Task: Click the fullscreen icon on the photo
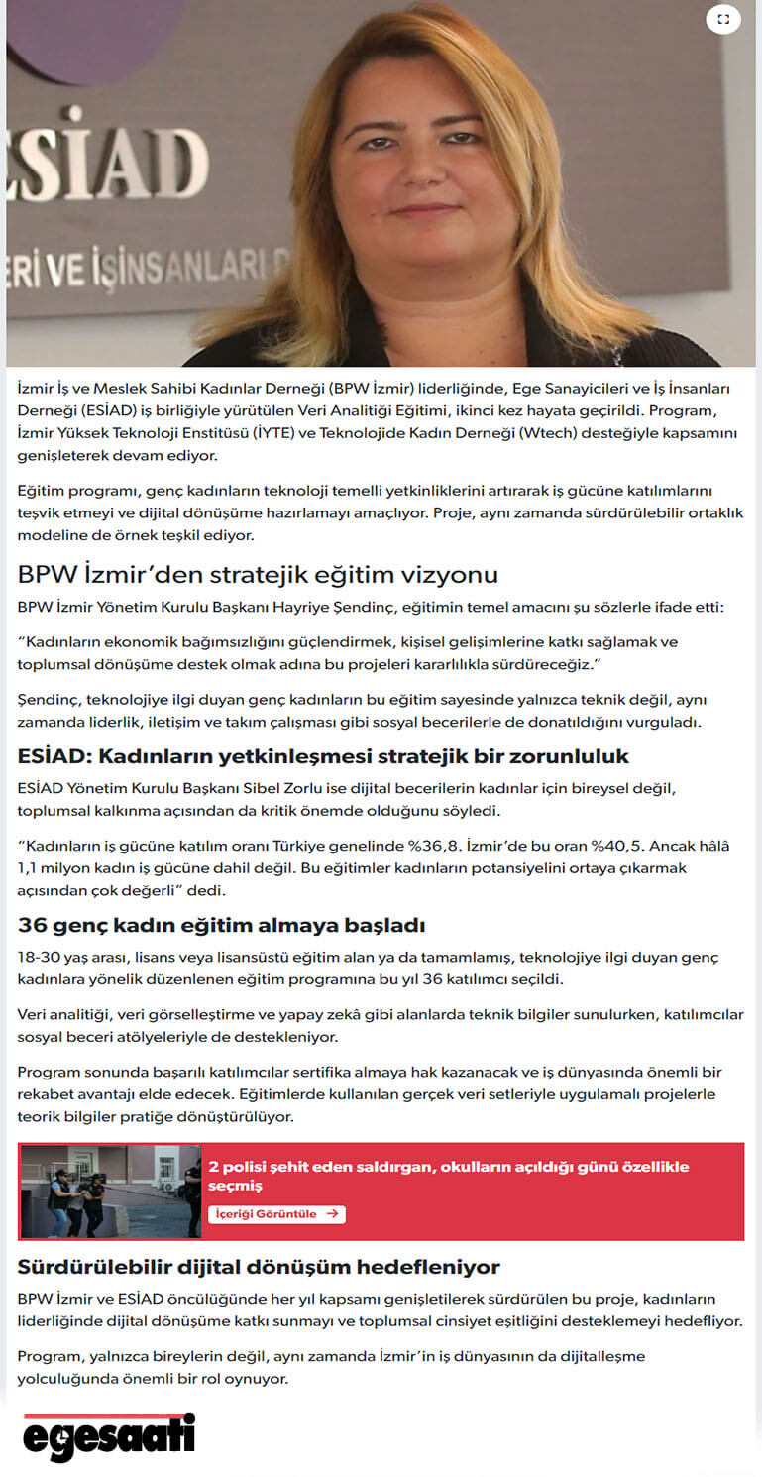pyautogui.click(x=723, y=19)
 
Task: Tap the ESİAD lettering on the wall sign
pyautogui.click(x=109, y=156)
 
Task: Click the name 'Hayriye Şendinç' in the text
pyautogui.click(x=383, y=606)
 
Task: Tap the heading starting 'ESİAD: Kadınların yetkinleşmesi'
pyautogui.click(x=323, y=757)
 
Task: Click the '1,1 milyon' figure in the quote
pyautogui.click(x=55, y=867)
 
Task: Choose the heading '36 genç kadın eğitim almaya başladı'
pyautogui.click(x=221, y=926)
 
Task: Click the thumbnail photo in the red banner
pyautogui.click(x=110, y=1191)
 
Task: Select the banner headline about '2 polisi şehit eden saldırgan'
pyautogui.click(x=448, y=1176)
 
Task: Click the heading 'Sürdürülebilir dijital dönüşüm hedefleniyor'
pyautogui.click(x=259, y=1267)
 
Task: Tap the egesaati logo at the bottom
pyautogui.click(x=108, y=1436)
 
